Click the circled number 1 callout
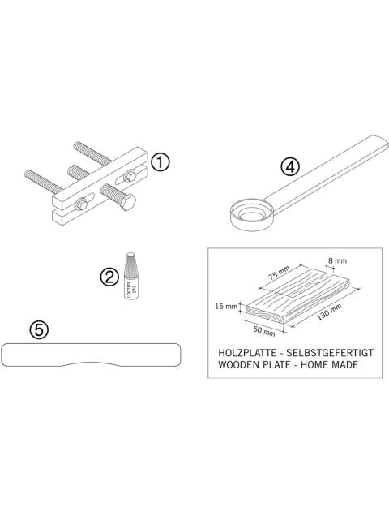point(160,162)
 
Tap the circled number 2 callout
point(109,276)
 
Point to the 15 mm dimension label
point(229,307)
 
